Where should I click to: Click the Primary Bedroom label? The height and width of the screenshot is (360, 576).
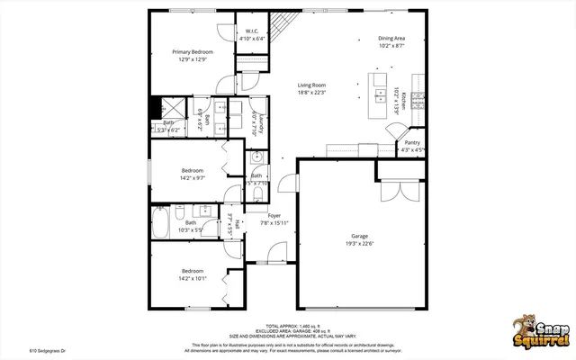coord(193,52)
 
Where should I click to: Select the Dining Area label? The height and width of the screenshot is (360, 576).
coord(391,39)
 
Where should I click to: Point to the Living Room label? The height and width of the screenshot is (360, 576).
coord(312,85)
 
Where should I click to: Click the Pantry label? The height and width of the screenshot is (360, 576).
coord(412,142)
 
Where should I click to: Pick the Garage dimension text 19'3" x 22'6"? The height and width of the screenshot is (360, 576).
coord(359,243)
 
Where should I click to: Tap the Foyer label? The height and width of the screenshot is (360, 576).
coord(274,216)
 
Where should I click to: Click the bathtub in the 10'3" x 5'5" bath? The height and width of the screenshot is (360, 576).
coord(161,222)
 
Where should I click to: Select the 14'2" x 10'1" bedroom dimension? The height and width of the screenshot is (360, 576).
coord(193,278)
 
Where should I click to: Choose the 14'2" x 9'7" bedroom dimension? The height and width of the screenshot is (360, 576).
coord(193,178)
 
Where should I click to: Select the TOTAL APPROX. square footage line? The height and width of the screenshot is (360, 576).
coord(289,326)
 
